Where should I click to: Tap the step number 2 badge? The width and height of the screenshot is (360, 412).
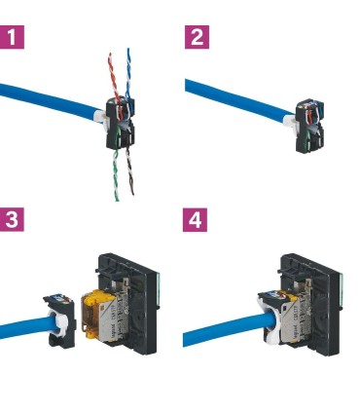point(197,39)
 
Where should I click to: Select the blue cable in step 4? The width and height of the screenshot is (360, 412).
point(214,331)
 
